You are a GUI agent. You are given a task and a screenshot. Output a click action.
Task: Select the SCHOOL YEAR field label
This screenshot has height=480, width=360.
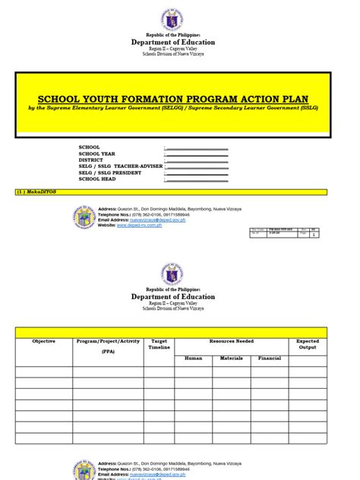tap(96, 153)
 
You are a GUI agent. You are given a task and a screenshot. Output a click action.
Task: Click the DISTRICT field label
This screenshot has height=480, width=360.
tap(92, 160)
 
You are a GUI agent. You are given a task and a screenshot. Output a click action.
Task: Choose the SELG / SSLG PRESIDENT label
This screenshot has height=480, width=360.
tap(109, 172)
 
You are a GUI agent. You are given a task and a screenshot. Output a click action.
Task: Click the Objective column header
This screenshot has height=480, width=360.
tap(43, 342)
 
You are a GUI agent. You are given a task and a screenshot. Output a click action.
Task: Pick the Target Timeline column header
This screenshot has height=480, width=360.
tap(159, 345)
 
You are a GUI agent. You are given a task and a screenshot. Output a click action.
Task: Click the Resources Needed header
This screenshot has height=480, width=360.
tap(232, 342)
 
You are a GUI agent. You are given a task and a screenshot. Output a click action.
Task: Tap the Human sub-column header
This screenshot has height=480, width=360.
tap(193, 358)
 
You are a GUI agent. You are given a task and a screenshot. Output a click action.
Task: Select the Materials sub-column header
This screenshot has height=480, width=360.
tap(232, 358)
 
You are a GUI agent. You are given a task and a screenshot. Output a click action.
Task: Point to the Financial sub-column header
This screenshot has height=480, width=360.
tap(270, 358)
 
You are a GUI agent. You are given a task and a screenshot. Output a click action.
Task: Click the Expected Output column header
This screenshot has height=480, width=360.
tap(308, 345)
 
